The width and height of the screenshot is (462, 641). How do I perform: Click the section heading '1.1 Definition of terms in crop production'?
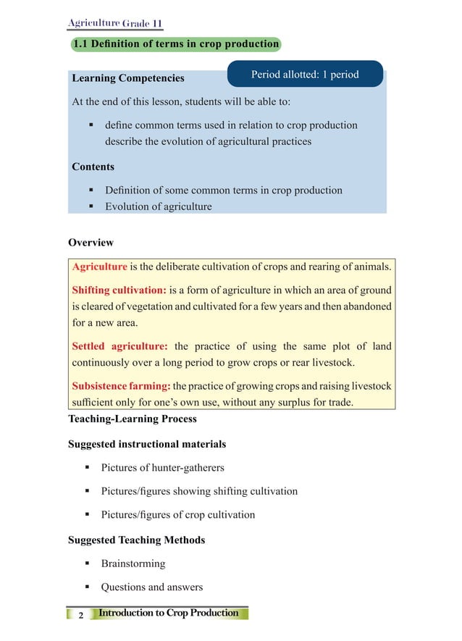[x=175, y=44]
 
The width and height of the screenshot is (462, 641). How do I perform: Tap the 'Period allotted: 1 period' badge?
[x=305, y=74]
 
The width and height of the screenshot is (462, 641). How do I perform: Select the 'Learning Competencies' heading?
[x=128, y=77]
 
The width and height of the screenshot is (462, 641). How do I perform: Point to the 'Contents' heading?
[x=93, y=167]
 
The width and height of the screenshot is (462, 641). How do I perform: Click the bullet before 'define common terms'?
[x=91, y=125]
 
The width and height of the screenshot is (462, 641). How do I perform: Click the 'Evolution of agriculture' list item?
[x=158, y=206]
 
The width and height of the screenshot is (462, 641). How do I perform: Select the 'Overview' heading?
[x=91, y=243]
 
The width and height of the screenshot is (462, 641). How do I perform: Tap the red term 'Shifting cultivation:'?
[x=119, y=290]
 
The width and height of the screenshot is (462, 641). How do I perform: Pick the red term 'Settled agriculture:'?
[x=119, y=346]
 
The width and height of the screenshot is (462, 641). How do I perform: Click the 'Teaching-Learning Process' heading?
[x=132, y=419]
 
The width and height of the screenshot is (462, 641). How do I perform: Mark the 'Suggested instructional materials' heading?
[x=146, y=444]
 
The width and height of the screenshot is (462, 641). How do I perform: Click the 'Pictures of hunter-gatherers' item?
[x=162, y=468]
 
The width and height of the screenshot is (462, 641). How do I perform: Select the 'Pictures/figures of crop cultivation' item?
[x=177, y=515]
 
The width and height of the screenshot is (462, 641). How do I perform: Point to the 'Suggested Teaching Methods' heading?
[x=136, y=540]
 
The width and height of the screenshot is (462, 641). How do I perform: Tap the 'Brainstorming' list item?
[x=133, y=564]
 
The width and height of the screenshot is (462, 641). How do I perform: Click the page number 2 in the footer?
[x=80, y=615]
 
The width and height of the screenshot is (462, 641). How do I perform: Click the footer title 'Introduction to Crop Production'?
[x=168, y=613]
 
